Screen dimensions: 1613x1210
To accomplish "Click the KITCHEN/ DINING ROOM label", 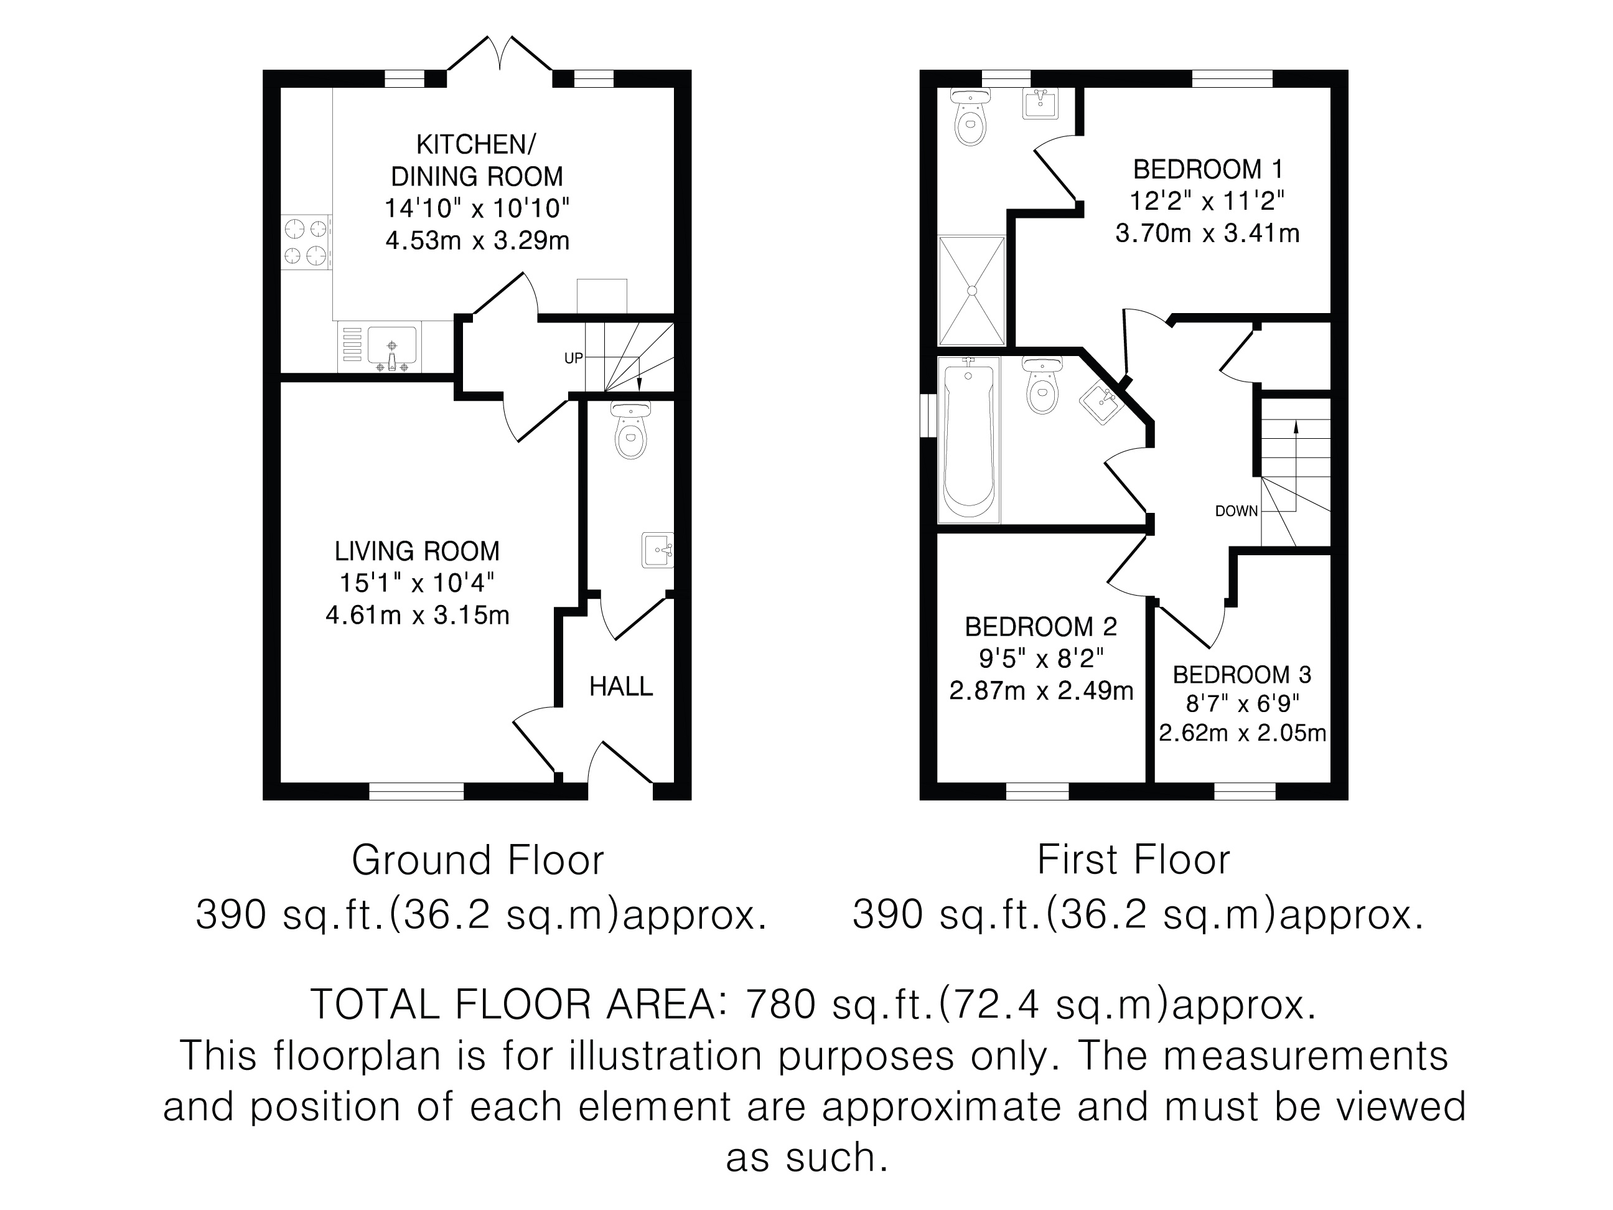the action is [477, 161].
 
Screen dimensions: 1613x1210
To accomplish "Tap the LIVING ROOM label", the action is [417, 551].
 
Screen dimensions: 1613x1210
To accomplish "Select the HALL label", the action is [621, 687].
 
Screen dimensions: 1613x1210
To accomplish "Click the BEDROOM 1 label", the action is [1207, 169].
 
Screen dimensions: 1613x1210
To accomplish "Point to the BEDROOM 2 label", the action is [1041, 627].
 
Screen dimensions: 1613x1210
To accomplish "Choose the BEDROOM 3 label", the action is [1242, 675].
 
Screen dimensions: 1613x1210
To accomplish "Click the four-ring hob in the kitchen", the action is [307, 242].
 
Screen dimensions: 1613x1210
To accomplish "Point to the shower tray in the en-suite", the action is [972, 289].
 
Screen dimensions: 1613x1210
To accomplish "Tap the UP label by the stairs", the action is [574, 358].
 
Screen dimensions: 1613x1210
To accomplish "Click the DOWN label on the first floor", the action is [1237, 511].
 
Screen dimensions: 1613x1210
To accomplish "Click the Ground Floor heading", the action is [479, 860].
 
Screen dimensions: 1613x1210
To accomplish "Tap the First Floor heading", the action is [1133, 860].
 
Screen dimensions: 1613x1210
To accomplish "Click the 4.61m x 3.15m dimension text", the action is [417, 615].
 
